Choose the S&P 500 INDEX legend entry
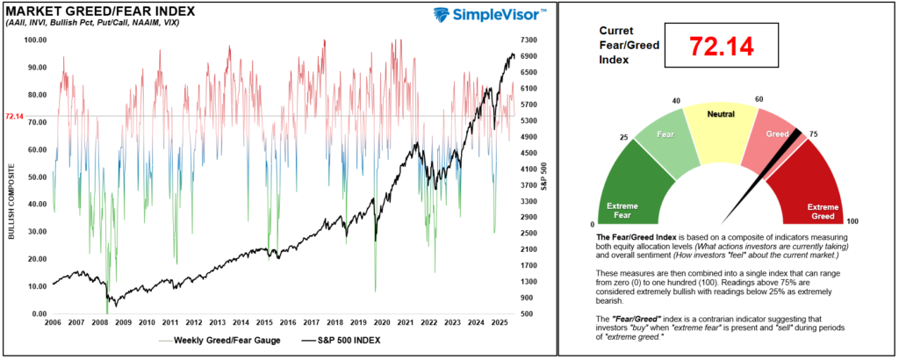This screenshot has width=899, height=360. pos(343,341)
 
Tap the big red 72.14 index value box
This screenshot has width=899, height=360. pos(720,47)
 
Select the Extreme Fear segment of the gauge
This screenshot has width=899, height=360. pos(629,189)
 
